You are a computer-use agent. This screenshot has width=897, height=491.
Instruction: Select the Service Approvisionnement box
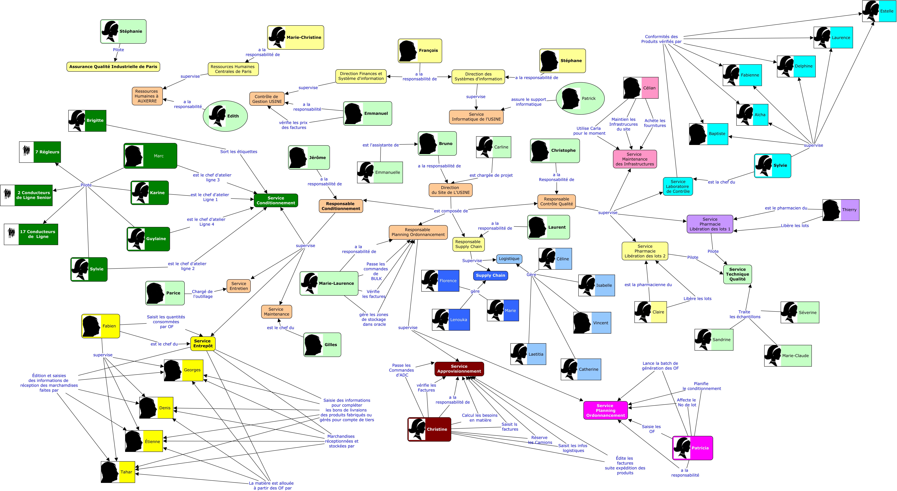pyautogui.click(x=459, y=369)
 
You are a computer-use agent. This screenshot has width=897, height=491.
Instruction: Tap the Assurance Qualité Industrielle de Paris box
pyautogui.click(x=113, y=67)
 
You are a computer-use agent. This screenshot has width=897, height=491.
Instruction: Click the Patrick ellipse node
pyautogui.click(x=580, y=98)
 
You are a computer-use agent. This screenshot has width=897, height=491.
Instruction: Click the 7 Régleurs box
pyautogui.click(x=40, y=152)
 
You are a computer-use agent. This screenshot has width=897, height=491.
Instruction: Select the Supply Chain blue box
pyautogui.click(x=490, y=275)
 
